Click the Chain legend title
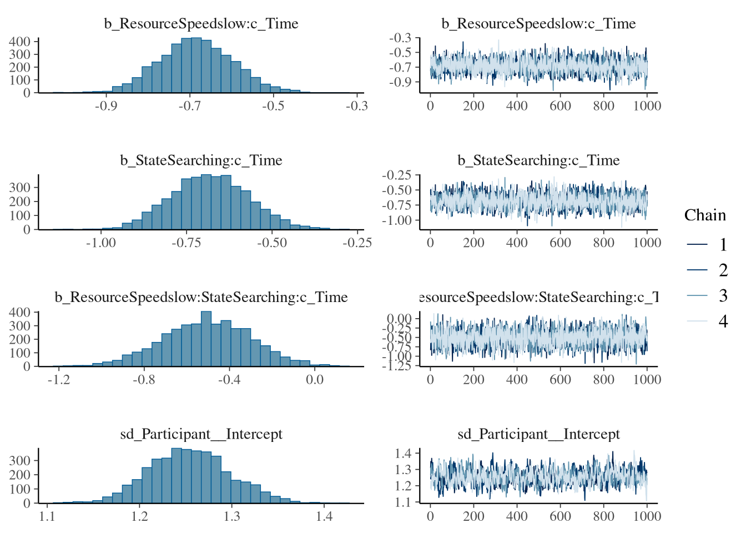(705, 215)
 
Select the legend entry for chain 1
(723, 244)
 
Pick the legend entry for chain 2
(723, 270)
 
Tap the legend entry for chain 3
(723, 295)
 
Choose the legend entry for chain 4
(723, 321)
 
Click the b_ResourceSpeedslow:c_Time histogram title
(201, 23)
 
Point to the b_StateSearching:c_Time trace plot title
(538, 160)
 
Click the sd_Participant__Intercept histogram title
(201, 434)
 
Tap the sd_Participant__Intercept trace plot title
(538, 434)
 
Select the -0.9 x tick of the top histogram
(105, 106)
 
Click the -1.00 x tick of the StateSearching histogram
(101, 243)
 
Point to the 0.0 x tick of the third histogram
(315, 380)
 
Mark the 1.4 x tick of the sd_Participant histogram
(324, 516)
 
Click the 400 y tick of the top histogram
(20, 42)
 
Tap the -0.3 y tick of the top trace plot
(401, 38)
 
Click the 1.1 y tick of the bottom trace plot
(403, 502)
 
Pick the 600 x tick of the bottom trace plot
(560, 516)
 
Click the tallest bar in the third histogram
(206, 339)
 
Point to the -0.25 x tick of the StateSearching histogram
(357, 243)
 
